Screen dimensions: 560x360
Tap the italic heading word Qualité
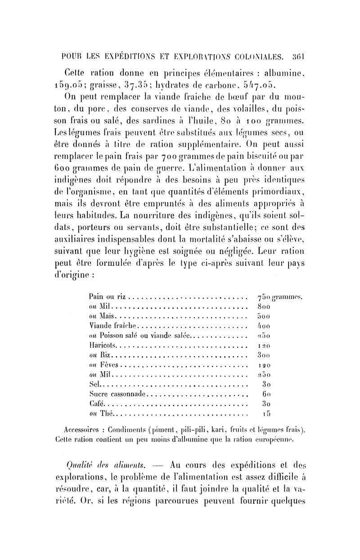pyautogui.click(x=79, y=463)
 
